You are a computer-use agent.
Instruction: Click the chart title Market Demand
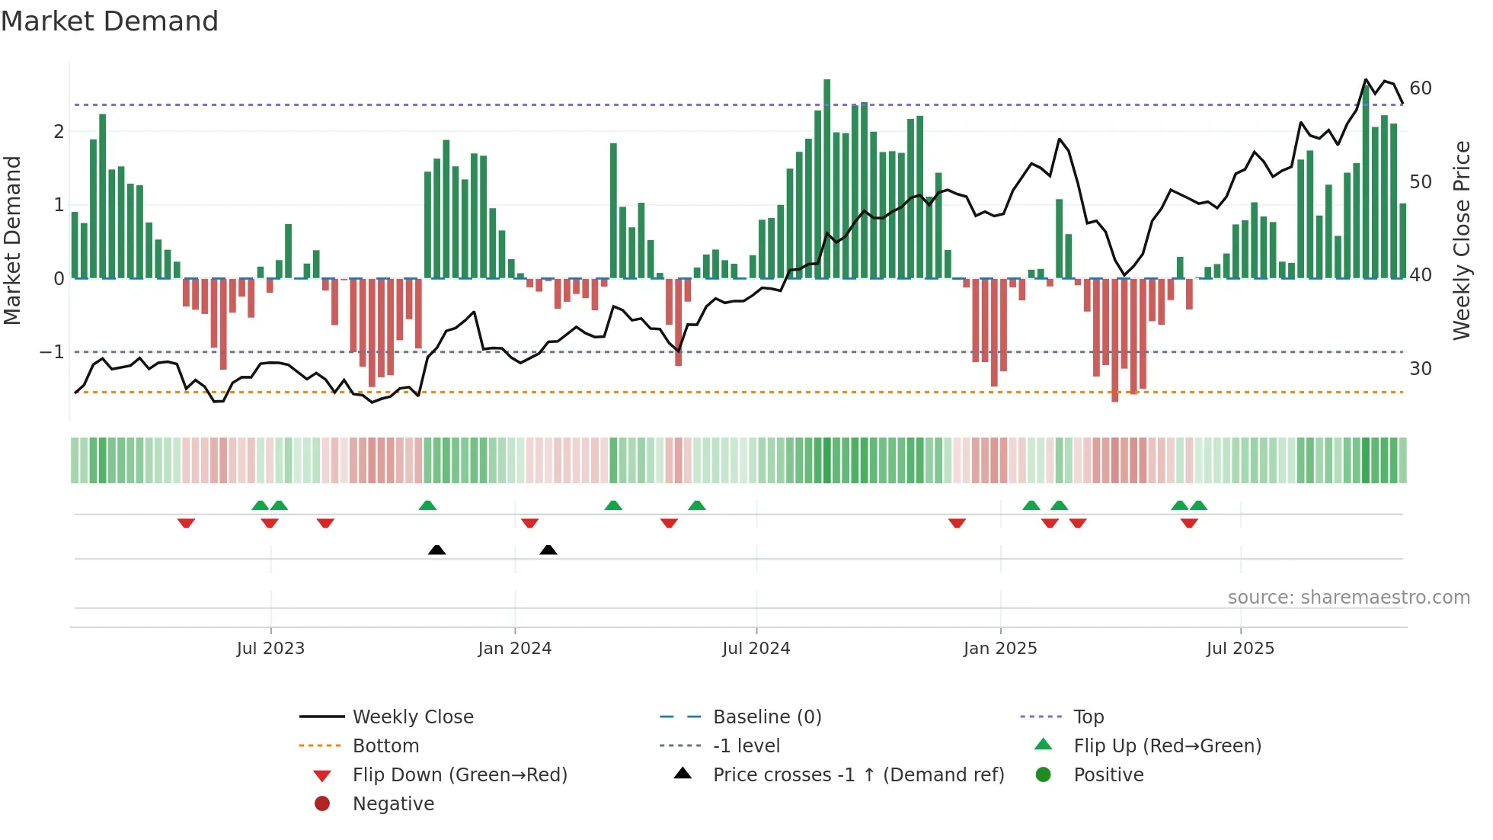110,21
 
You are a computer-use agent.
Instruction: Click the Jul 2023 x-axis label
270,649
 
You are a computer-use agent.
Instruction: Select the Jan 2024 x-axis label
515,649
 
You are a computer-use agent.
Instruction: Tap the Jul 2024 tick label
756,649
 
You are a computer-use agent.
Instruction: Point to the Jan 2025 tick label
1000,649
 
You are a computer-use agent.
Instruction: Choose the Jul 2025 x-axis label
1240,649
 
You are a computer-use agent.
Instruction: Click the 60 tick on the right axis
1421,88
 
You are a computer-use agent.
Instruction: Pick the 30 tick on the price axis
1421,369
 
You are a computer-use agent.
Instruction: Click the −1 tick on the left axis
52,352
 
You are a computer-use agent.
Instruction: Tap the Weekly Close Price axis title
1462,240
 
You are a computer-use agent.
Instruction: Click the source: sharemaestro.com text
1348,598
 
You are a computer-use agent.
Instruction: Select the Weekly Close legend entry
412,717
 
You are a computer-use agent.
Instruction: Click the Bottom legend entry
385,746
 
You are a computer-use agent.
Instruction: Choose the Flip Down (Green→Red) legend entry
459,775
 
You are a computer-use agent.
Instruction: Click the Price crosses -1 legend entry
858,775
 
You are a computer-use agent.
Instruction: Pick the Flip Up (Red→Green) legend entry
1167,746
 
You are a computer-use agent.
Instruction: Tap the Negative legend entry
393,804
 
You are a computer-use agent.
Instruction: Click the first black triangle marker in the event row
436,550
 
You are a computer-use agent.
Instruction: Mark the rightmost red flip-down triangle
1189,523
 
